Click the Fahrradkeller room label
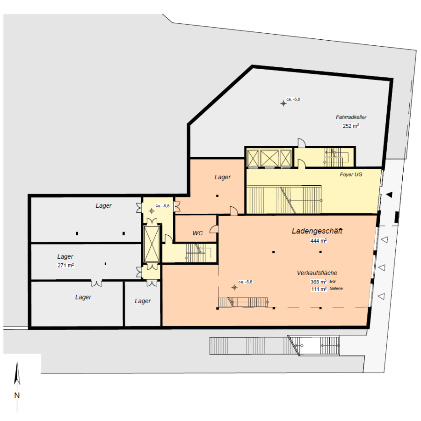tap(351, 117)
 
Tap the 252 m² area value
tap(351, 126)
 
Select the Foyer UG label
tap(351, 174)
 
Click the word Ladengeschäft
tap(317, 231)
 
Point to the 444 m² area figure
tap(319, 240)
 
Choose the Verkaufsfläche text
tap(317, 273)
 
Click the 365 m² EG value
tap(323, 282)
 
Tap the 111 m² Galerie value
tap(327, 289)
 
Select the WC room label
tap(197, 233)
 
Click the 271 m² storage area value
tap(65, 265)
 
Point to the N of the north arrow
tap(17, 395)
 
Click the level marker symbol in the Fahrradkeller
tap(283, 103)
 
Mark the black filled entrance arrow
tap(389, 195)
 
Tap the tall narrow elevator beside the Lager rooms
tap(152, 244)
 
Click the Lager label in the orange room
tap(223, 177)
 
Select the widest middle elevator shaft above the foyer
tap(269, 159)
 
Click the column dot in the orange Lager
tap(217, 196)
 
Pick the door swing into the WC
tap(214, 229)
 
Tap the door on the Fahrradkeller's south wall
tap(302, 143)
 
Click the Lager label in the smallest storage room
tap(143, 301)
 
